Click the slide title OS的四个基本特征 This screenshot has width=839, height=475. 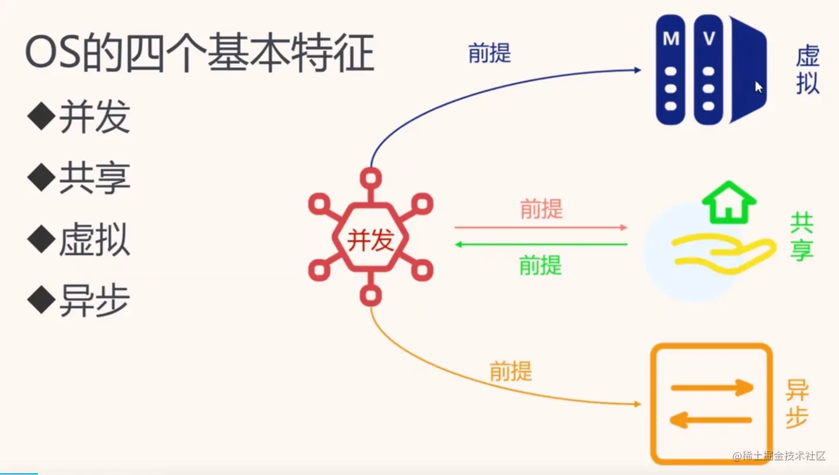[199, 54]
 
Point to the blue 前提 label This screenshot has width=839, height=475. [490, 53]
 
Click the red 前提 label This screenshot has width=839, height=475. [541, 209]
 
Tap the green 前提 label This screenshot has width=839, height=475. [540, 266]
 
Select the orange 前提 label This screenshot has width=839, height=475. [511, 371]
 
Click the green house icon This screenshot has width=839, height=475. [729, 202]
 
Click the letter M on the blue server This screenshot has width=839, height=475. [671, 39]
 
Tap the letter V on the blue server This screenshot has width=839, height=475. [709, 39]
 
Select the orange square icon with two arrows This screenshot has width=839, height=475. [711, 403]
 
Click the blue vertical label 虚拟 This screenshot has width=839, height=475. [808, 71]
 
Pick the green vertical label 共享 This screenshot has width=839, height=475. [802, 237]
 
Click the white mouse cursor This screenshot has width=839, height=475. [758, 87]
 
